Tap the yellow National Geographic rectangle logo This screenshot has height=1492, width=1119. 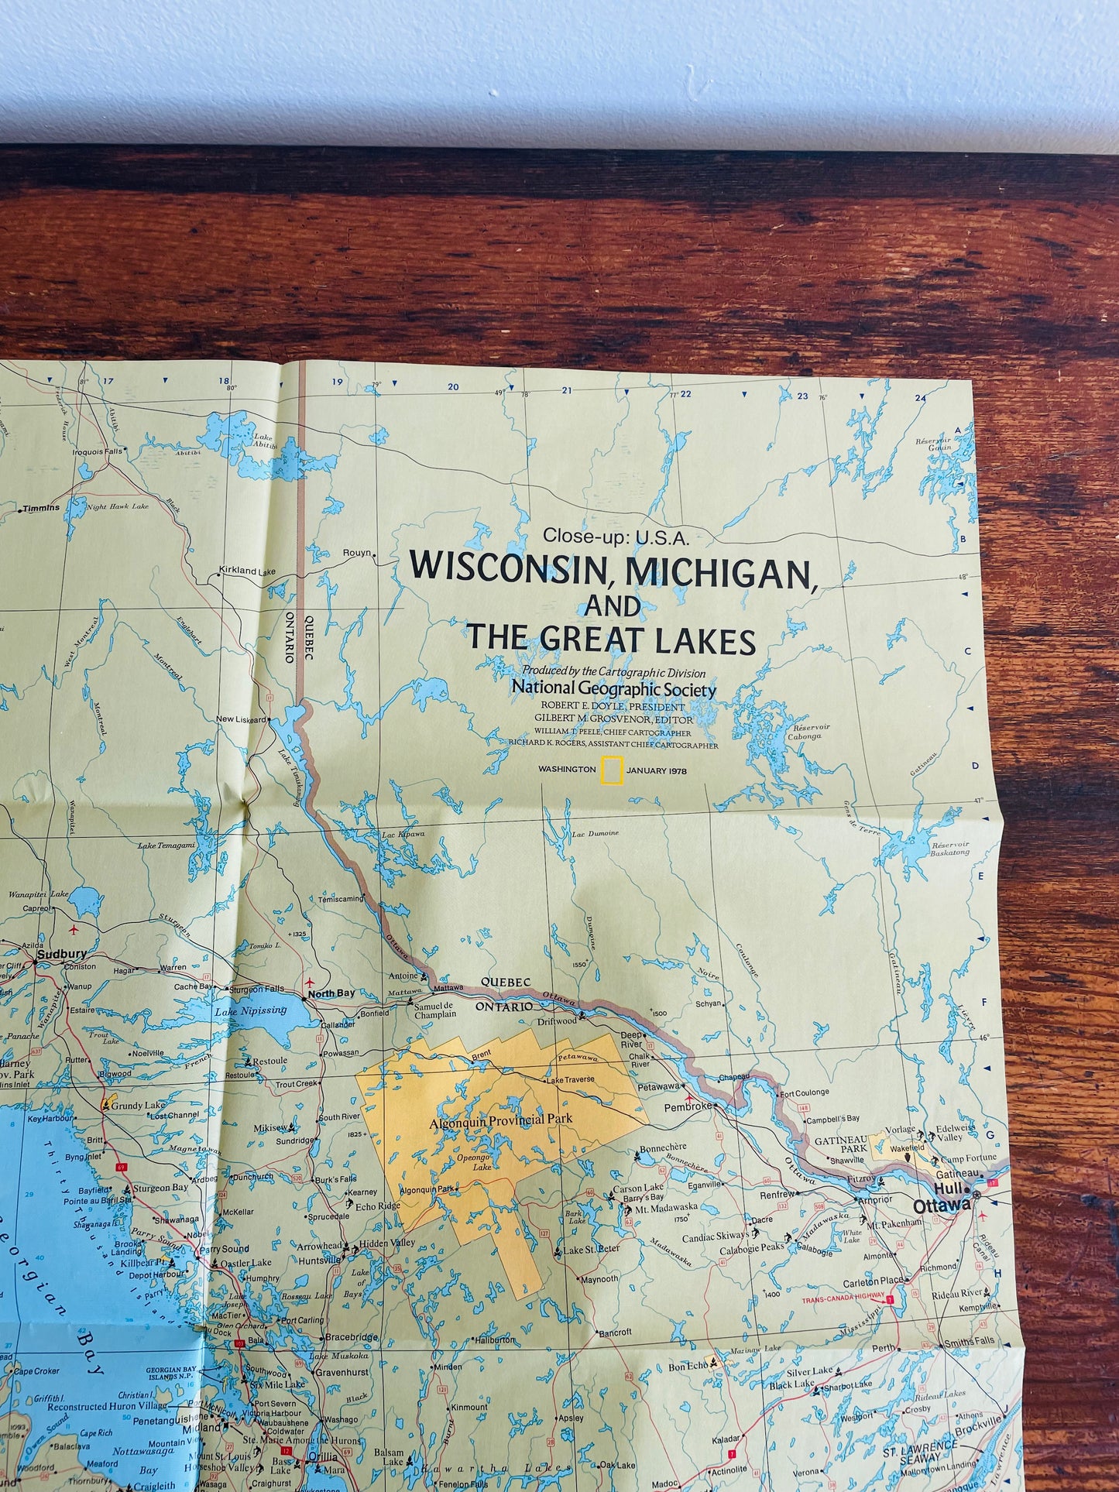[x=613, y=770]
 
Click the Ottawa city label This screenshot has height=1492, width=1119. [x=941, y=1206]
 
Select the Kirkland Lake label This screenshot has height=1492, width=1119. [x=247, y=571]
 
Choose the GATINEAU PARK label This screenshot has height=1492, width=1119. [x=840, y=1144]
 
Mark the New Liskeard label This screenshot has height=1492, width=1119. [x=241, y=719]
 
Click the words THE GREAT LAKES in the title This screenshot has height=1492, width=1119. [x=610, y=639]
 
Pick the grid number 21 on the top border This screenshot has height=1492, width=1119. [x=566, y=390]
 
